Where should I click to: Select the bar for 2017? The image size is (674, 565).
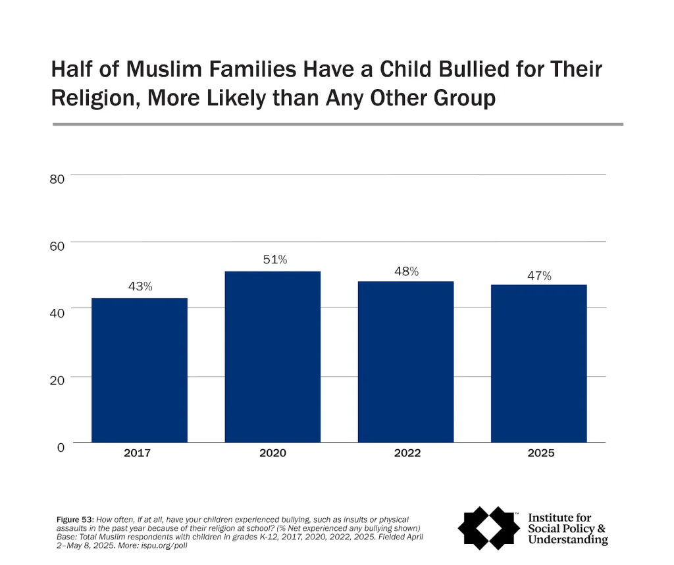coord(139,370)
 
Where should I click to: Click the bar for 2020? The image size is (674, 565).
coord(272,356)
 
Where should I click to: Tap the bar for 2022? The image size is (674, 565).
coord(405,362)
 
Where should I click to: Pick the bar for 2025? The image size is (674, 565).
coord(538,363)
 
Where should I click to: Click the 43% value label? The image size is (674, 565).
coord(140,286)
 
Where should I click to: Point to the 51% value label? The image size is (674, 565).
coord(272,259)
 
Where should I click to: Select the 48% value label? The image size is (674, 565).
coord(406,271)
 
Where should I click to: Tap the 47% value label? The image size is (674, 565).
coord(538,276)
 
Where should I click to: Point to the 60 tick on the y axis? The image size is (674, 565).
coord(57,246)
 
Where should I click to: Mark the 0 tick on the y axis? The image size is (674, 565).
coord(61,447)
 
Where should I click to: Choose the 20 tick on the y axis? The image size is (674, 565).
coord(57,381)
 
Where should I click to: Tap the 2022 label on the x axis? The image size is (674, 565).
coord(405,453)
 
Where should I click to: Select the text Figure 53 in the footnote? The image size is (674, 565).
coord(74,520)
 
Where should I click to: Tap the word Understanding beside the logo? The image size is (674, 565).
coord(567,540)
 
